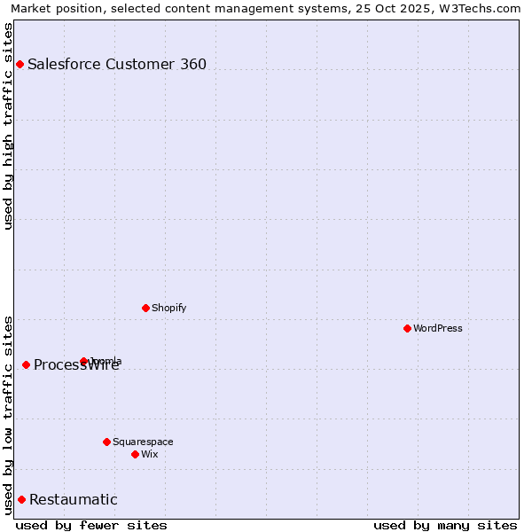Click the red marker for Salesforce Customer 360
(20, 64)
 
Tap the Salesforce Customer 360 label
(117, 64)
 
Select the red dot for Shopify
(145, 308)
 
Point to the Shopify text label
(169, 308)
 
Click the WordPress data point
(407, 328)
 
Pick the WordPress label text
(438, 328)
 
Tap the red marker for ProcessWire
(26, 364)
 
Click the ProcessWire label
(76, 365)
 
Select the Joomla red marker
(84, 361)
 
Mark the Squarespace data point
(106, 442)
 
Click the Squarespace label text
(143, 442)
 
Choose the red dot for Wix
(135, 454)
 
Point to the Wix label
(150, 454)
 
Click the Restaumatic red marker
(21, 499)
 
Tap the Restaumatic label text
(74, 499)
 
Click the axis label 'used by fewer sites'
(91, 525)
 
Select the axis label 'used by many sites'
(445, 525)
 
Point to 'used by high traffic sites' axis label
(8, 126)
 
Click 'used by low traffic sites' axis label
(8, 414)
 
